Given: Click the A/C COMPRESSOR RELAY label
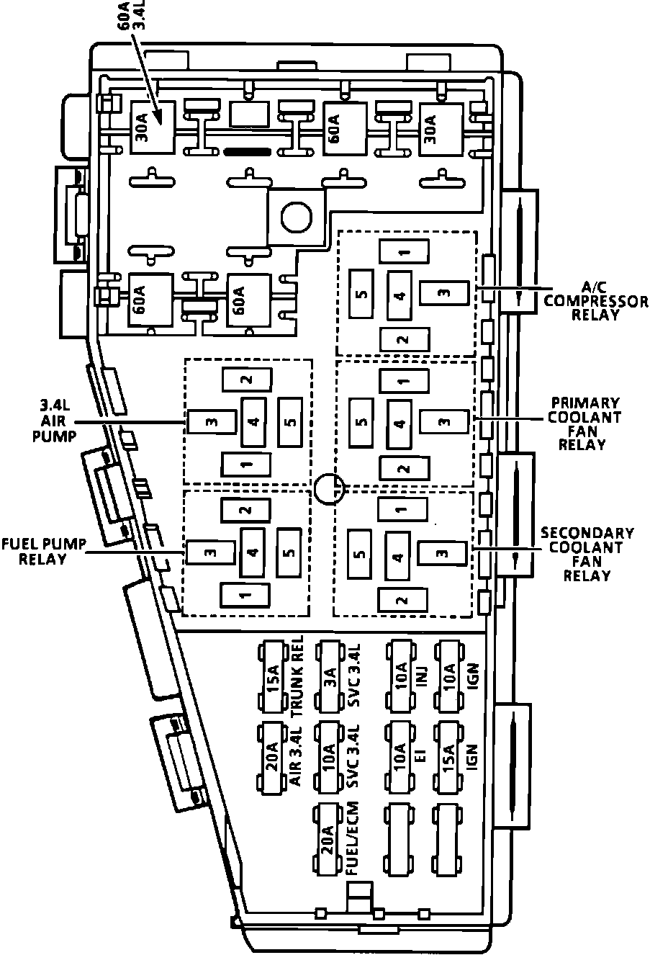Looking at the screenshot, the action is tap(595, 302).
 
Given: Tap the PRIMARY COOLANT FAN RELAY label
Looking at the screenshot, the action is tap(584, 423).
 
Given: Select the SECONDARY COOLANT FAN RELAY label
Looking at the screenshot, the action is tap(587, 555).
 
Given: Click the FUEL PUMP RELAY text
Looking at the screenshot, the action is tap(43, 551).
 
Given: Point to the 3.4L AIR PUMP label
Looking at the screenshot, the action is tap(54, 421).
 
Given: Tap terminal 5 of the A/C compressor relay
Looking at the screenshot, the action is tap(361, 294).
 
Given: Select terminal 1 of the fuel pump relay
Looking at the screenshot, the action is tap(245, 595).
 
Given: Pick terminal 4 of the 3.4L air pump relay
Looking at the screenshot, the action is tap(254, 422).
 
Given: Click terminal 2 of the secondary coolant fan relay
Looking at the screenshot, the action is tap(402, 600).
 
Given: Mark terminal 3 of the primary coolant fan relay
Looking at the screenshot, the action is tap(444, 421).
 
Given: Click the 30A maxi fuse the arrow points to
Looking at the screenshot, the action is tap(152, 128).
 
